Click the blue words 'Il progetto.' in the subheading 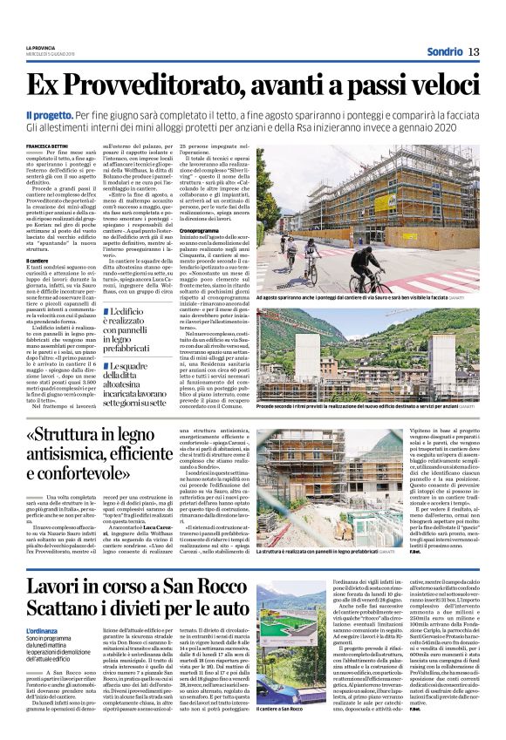(47, 115)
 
